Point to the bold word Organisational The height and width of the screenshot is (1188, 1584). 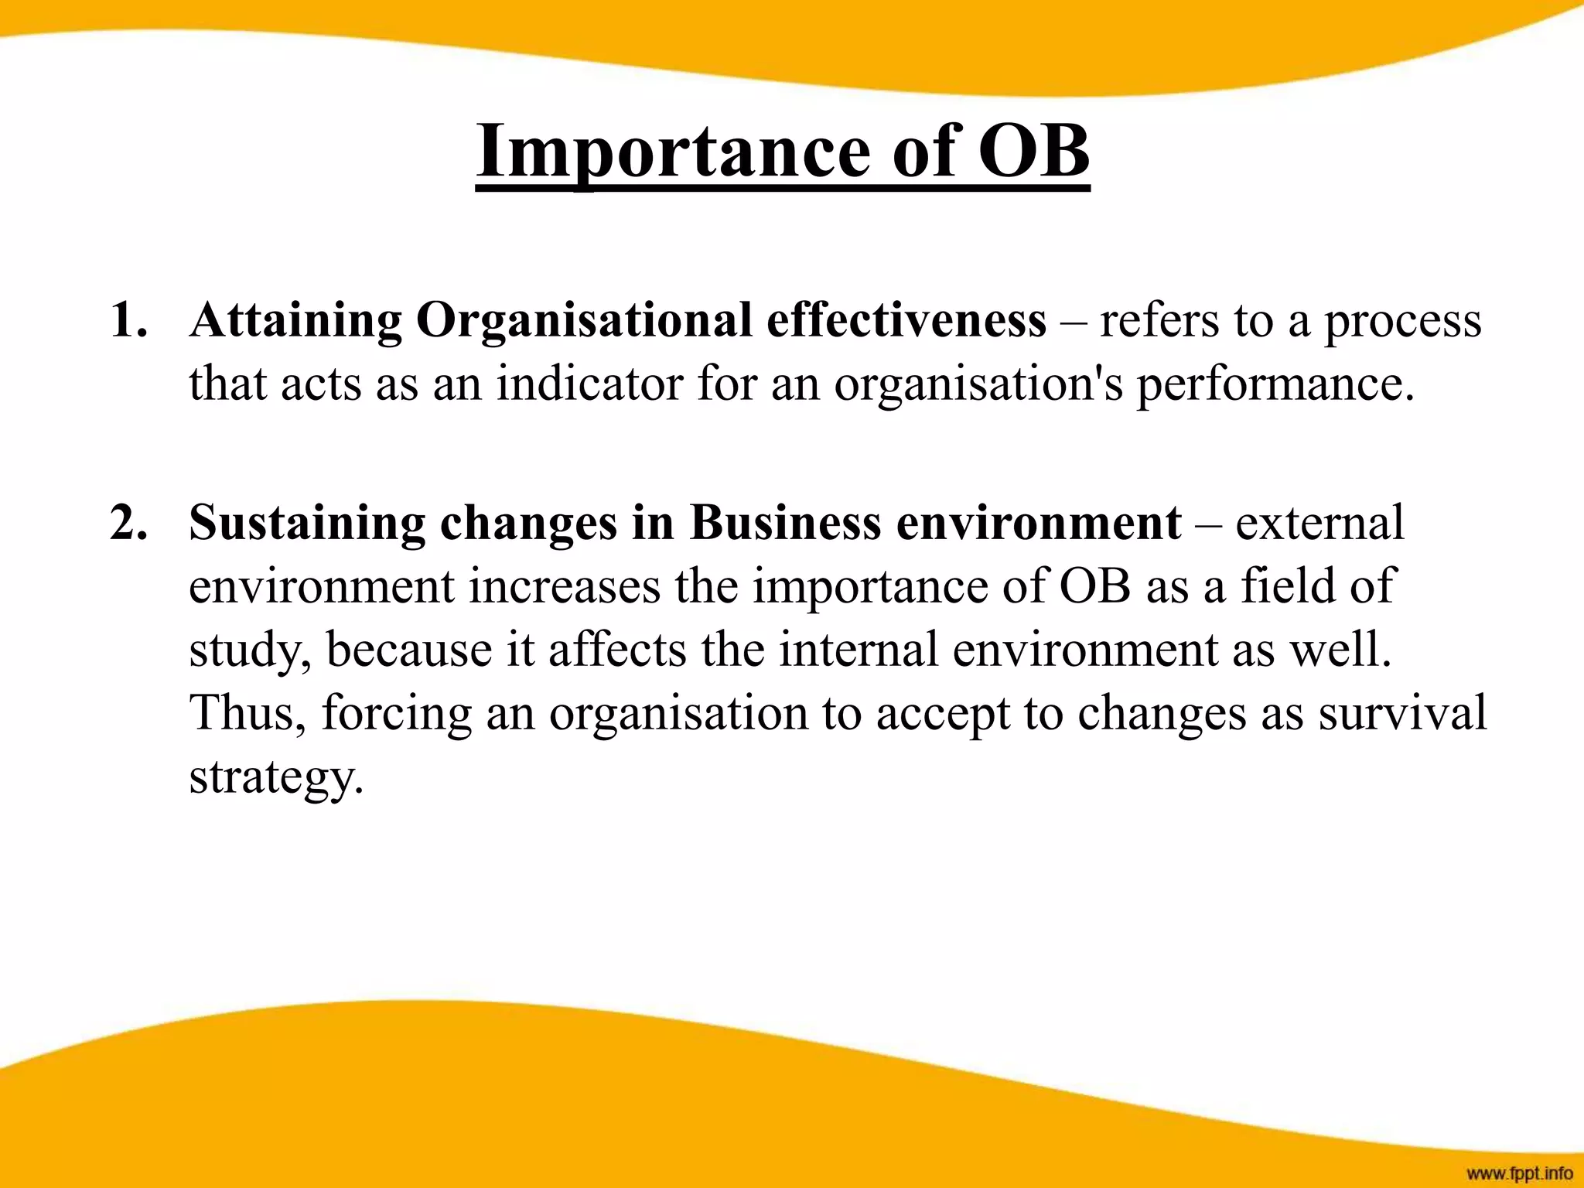pyautogui.click(x=584, y=320)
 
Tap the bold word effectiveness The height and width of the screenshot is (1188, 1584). pyautogui.click(x=906, y=320)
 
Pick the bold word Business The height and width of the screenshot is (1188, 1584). pyautogui.click(x=785, y=523)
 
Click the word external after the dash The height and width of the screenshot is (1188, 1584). pyautogui.click(x=1319, y=523)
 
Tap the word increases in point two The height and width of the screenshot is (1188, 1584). pyautogui.click(x=565, y=586)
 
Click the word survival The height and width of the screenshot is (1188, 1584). pyautogui.click(x=1402, y=713)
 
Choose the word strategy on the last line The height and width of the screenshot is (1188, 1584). pyautogui.click(x=275, y=777)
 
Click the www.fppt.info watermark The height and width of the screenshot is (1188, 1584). pyautogui.click(x=1519, y=1173)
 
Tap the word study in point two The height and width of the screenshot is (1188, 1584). pyautogui.click(x=250, y=650)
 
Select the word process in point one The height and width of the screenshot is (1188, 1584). pyautogui.click(x=1403, y=320)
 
